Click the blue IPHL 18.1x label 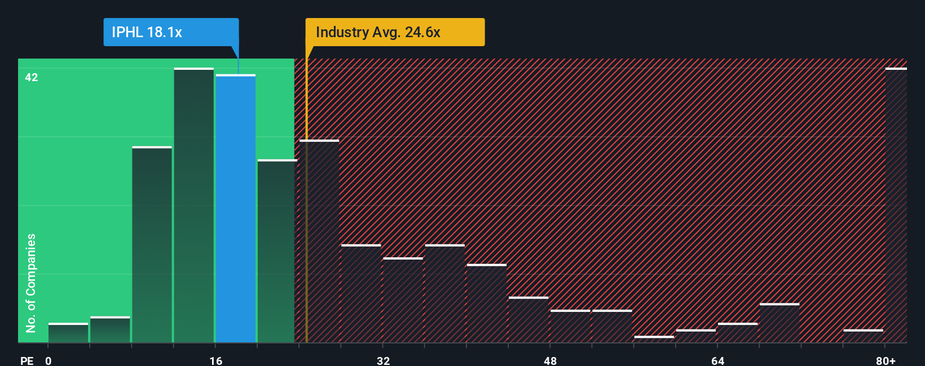click(x=171, y=32)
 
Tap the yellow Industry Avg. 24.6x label click(x=395, y=32)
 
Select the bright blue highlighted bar click(x=236, y=208)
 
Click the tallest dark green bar click(x=194, y=206)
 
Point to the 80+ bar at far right click(x=896, y=206)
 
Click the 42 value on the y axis click(x=32, y=77)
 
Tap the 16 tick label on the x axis click(x=216, y=360)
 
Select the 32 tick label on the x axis click(x=384, y=360)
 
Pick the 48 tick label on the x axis click(x=550, y=360)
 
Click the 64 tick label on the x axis click(x=717, y=360)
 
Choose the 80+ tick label click(x=886, y=360)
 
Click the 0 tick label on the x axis click(x=49, y=360)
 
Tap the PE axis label click(x=27, y=360)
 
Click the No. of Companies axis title click(x=31, y=283)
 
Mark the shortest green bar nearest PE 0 click(x=68, y=333)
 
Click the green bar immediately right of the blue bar click(x=277, y=251)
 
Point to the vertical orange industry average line click(x=306, y=225)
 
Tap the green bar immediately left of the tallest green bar click(x=152, y=245)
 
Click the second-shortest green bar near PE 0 click(x=110, y=330)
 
